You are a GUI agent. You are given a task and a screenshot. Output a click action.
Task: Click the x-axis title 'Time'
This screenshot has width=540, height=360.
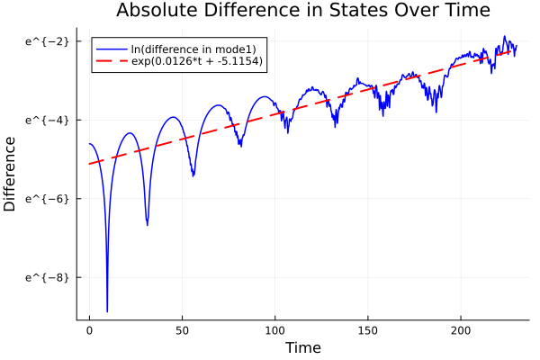coord(302,347)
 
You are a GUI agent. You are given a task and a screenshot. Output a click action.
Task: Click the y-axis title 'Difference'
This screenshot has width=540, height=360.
coord(10,174)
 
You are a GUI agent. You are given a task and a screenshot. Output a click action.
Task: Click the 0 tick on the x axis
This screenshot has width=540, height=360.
coord(89,330)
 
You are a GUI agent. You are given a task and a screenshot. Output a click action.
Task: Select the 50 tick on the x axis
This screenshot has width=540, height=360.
coord(182,330)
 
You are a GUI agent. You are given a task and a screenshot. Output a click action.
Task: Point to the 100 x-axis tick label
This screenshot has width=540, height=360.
coord(275,330)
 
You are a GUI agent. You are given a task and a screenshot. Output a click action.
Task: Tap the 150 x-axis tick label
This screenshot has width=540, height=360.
coord(368,330)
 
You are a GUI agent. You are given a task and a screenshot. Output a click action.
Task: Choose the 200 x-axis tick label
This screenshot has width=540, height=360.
coord(461,330)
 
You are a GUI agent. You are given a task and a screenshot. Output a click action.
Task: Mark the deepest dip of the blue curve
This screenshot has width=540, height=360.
coord(107,310)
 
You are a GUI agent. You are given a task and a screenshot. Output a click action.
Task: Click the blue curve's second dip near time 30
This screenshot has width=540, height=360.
coord(147,224)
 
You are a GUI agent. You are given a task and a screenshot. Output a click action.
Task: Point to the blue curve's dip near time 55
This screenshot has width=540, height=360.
coord(193,175)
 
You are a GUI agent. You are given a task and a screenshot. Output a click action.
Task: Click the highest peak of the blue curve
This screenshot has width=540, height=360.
coord(505,37)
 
